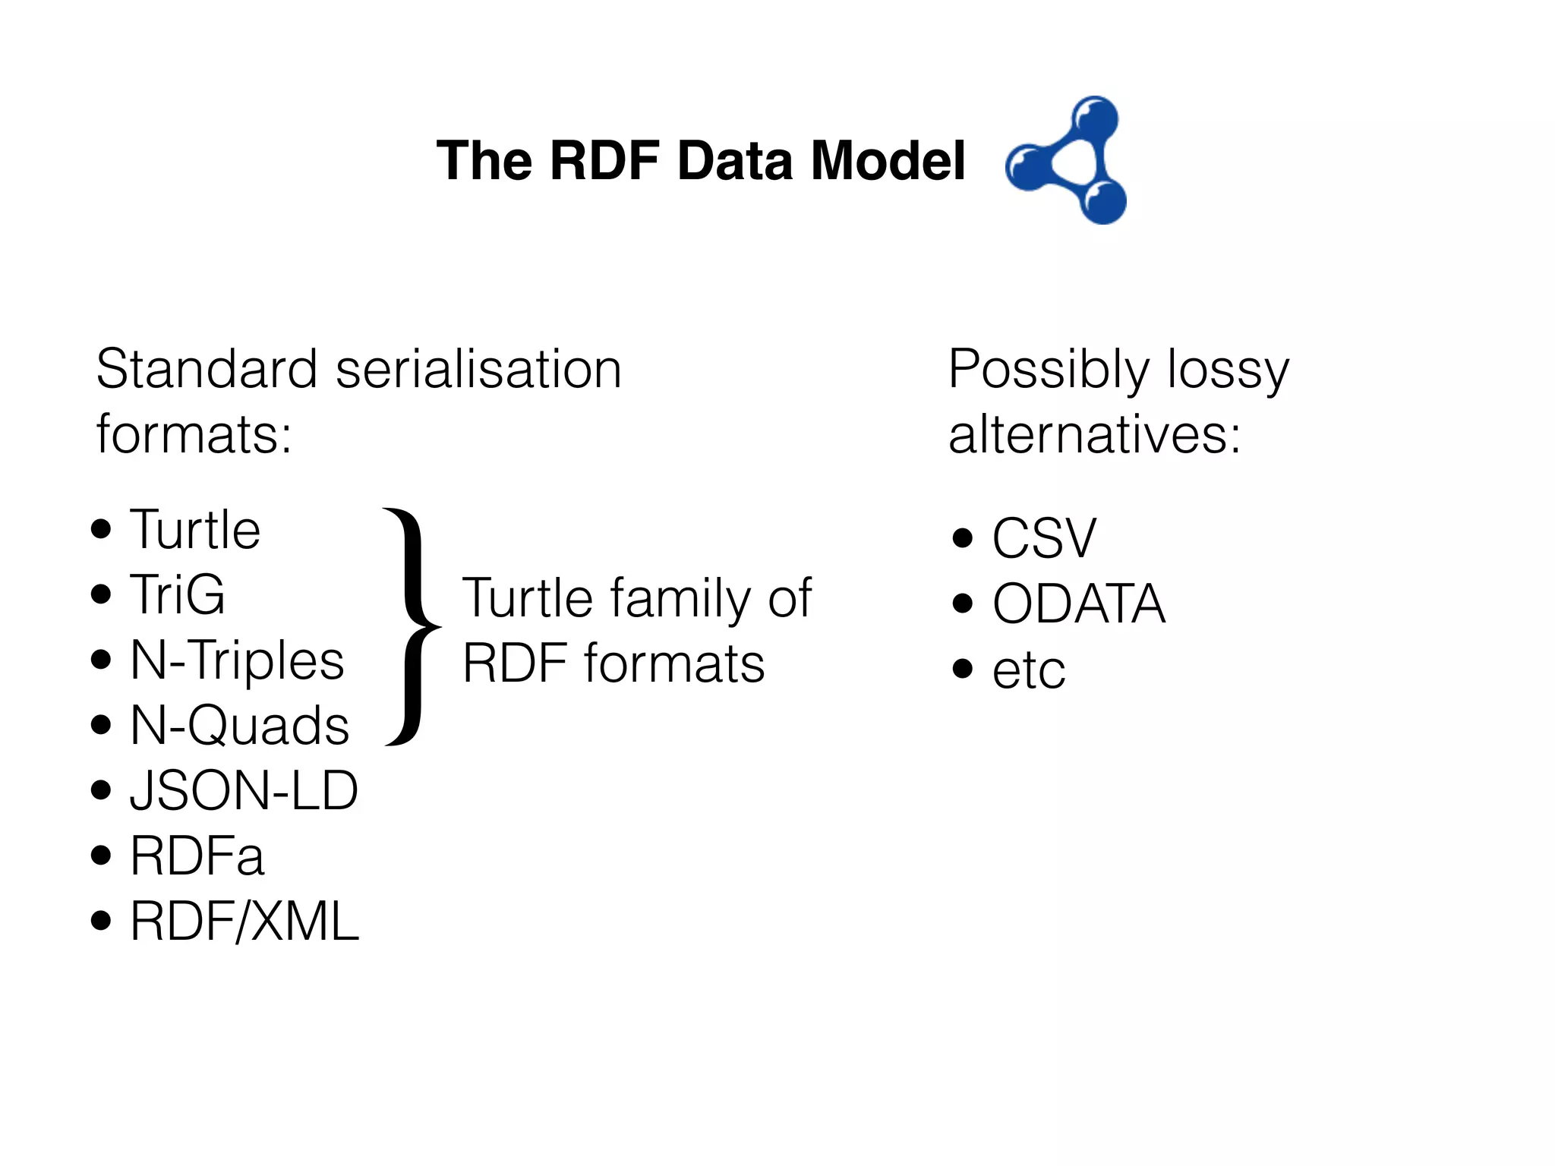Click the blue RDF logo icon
(x=1067, y=160)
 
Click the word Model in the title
(x=888, y=161)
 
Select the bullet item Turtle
(x=195, y=529)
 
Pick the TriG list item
(x=178, y=594)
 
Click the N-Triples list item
(x=237, y=660)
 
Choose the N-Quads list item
(x=239, y=725)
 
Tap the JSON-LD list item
(x=244, y=790)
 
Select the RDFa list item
(x=197, y=856)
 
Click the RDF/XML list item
(x=244, y=922)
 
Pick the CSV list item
(x=1044, y=538)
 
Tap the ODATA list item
(x=1078, y=603)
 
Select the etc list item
(x=1029, y=670)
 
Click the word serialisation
(x=478, y=370)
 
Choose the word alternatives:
(x=1094, y=435)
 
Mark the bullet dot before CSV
(x=962, y=538)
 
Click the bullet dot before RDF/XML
(x=101, y=922)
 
